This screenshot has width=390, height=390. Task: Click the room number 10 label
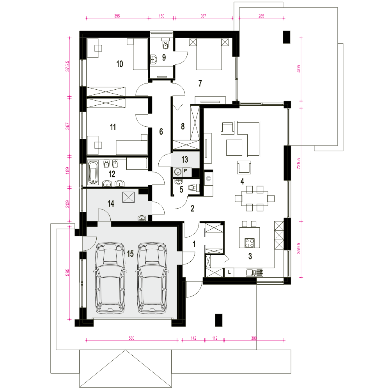click(120, 64)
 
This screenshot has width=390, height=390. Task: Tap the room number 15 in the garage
click(130, 254)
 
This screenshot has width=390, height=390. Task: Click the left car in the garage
click(110, 278)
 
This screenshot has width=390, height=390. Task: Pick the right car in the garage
click(152, 278)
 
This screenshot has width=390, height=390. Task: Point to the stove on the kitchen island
click(250, 243)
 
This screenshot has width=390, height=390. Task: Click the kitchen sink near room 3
click(254, 273)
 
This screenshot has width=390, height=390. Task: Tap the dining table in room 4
click(254, 198)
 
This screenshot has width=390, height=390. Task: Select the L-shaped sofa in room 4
click(249, 139)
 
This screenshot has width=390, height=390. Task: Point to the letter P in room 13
click(185, 171)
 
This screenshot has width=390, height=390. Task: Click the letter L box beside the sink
click(229, 272)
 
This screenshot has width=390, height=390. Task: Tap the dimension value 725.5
click(298, 164)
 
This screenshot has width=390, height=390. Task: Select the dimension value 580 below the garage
click(131, 338)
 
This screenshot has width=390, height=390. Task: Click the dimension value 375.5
click(67, 66)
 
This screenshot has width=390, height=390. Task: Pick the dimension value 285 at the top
click(261, 16)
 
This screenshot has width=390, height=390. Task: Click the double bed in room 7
click(209, 54)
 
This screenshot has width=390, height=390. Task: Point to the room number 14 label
click(111, 204)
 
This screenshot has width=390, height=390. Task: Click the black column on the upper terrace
click(287, 37)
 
